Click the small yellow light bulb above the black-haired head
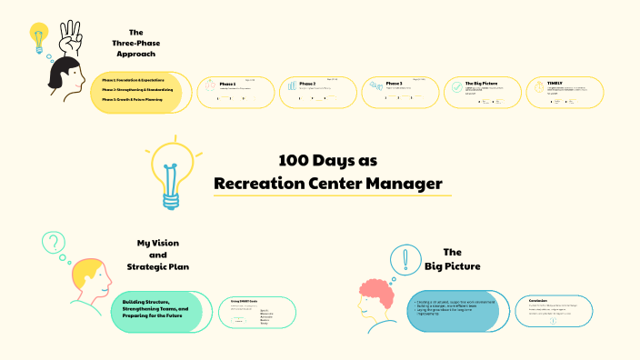click(38, 38)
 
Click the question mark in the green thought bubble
click(55, 243)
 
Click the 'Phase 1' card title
click(227, 84)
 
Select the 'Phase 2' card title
click(307, 84)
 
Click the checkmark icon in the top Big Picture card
click(455, 88)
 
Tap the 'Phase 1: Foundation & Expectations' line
click(133, 80)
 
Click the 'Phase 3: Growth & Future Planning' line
click(133, 99)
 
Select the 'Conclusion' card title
click(537, 299)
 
